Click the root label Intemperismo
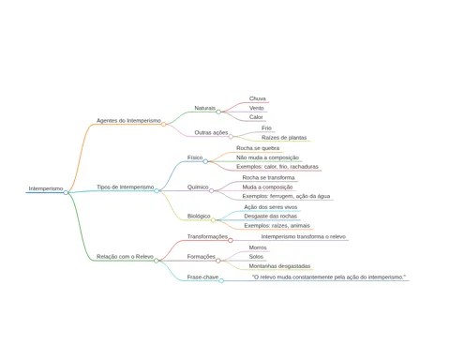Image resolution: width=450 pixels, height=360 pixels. coord(46,188)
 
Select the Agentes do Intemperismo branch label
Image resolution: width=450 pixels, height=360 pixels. coord(128,120)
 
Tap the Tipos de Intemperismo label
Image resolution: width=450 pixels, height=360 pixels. coord(126,187)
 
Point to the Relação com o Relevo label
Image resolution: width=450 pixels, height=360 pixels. coord(125,257)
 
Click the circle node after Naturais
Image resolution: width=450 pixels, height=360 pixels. coord(218,112)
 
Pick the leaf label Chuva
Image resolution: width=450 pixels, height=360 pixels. coord(258,98)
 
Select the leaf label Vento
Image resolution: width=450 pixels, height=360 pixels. coord(257,108)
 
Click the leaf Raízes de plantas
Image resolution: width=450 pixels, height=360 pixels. coord(284,138)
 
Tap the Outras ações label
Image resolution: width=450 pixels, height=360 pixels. coord(211,132)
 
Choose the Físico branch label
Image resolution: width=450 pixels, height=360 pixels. coord(195,157)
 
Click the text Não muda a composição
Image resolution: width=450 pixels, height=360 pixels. coord(267,157)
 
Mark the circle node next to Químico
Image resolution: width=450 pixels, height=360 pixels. coord(212,190)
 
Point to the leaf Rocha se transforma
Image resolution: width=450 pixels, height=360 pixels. coord(268,177)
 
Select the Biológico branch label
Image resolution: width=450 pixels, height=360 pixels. coord(199,216)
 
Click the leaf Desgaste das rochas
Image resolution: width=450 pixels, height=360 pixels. coord(271,216)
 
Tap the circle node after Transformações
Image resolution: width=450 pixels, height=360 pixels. coord(231,240)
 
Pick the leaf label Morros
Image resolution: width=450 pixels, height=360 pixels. coord(258,247)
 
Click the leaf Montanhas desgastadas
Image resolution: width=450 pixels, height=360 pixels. coord(279,266)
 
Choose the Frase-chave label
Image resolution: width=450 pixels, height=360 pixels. coord(202,277)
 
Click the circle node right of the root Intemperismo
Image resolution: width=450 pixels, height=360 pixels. coord(66,192)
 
